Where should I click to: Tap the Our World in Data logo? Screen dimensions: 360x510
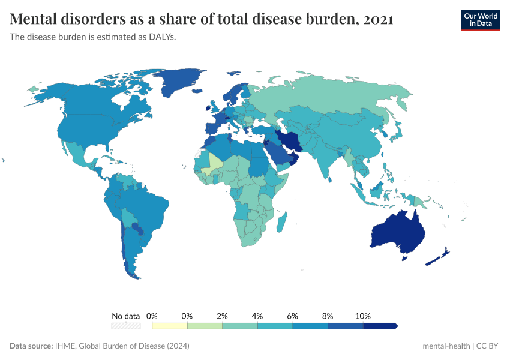[480, 20]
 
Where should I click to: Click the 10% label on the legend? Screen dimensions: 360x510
[363, 316]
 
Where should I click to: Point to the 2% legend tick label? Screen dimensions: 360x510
[222, 316]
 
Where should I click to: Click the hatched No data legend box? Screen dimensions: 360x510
[125, 326]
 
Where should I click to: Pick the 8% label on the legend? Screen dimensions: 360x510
[328, 316]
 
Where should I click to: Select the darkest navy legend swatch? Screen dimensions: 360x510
[380, 326]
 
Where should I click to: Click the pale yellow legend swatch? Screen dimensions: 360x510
[169, 326]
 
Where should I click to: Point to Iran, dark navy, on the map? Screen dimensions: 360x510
[291, 141]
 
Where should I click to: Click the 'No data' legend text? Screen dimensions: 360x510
[125, 316]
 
